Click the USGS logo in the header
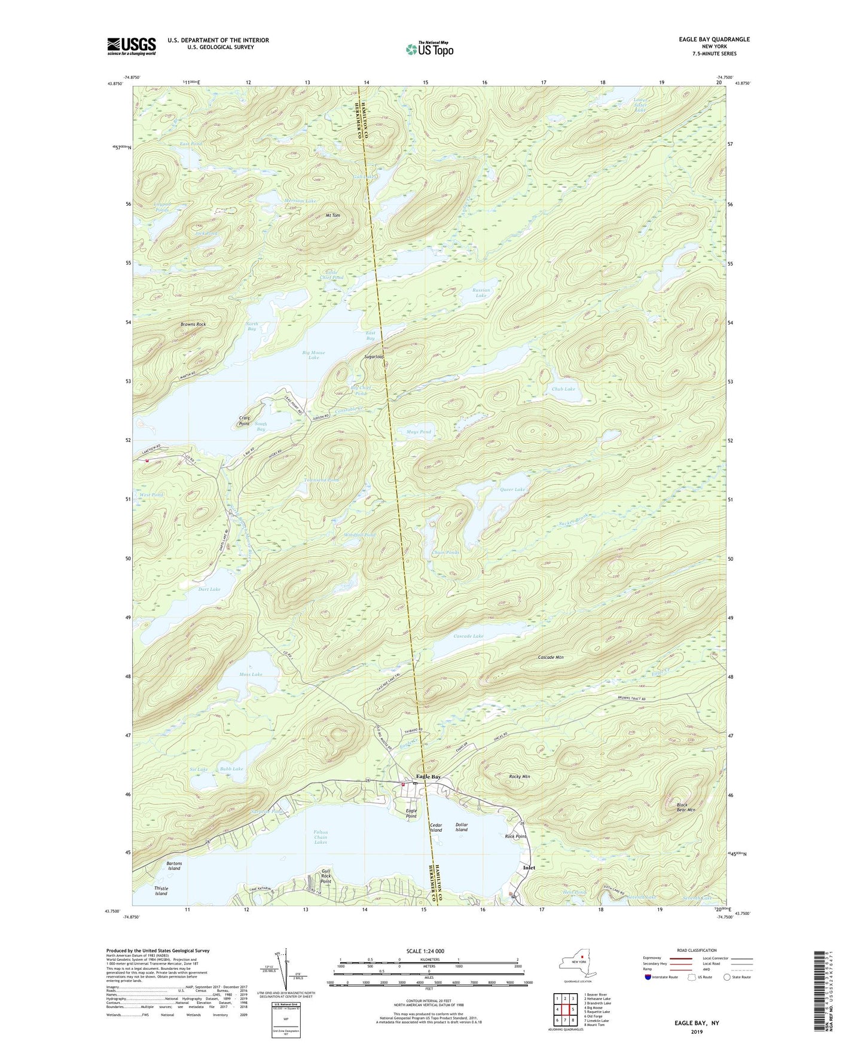[131, 46]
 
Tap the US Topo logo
[429, 49]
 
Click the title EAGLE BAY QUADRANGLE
[714, 39]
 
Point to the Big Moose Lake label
[314, 355]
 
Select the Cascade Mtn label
[550, 657]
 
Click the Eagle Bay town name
[428, 776]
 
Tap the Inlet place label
[529, 868]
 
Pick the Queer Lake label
[512, 489]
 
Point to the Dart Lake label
[209, 589]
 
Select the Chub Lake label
[563, 389]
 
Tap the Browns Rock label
[193, 324]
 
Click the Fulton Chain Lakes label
[320, 837]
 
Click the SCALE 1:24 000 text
[425, 951]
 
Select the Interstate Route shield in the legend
[648, 977]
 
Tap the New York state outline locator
[577, 964]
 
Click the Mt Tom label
[332, 215]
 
